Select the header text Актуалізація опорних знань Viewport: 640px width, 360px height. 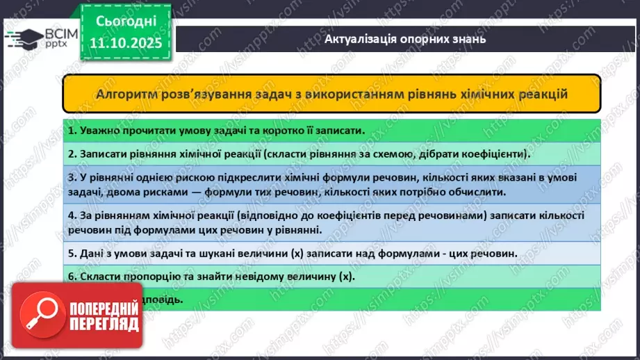[405, 39]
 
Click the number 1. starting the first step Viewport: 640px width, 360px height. [72, 130]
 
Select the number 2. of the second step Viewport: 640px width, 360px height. [72, 153]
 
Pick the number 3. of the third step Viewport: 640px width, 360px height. [72, 178]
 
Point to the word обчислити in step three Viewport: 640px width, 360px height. [470, 192]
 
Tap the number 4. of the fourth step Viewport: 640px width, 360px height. [72, 216]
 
